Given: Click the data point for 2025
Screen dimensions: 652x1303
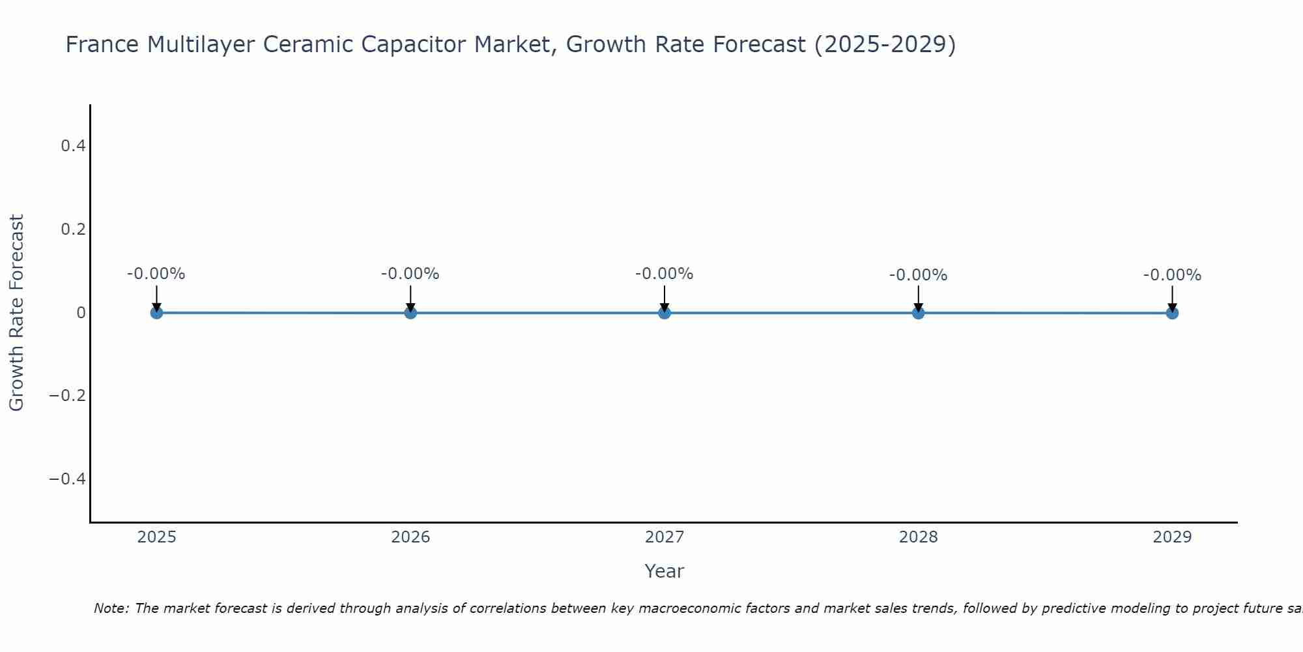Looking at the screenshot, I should point(156,313).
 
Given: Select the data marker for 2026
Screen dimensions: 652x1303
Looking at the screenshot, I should point(410,313).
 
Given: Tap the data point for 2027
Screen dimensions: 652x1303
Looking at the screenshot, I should point(665,313).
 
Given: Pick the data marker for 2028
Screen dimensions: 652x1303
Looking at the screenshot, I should point(918,313).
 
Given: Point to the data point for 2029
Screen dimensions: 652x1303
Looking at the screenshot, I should point(1172,313).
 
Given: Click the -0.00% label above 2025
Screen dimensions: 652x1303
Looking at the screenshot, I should point(156,274).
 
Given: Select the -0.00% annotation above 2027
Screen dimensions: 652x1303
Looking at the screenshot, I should point(665,274).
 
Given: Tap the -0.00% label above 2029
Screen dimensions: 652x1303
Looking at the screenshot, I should point(1172,275).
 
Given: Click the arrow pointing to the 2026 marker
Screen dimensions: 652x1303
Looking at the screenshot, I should point(410,297).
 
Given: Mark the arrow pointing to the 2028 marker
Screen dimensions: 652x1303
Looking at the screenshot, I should point(918,297).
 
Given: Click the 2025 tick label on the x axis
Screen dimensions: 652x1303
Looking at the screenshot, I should point(157,537).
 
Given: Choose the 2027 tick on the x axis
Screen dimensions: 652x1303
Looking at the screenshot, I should point(665,537).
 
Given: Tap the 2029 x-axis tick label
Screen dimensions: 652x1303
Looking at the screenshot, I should point(1172,537).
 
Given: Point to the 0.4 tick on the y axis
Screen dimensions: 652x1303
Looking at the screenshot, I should point(74,146).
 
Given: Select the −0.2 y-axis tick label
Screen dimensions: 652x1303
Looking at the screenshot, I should point(68,396).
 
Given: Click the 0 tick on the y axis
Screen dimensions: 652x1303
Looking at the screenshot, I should point(81,313).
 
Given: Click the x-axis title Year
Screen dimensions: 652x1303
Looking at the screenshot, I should point(664,571).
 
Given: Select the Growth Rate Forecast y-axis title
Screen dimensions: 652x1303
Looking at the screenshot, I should point(16,313).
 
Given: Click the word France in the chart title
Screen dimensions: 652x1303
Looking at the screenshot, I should point(102,44).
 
